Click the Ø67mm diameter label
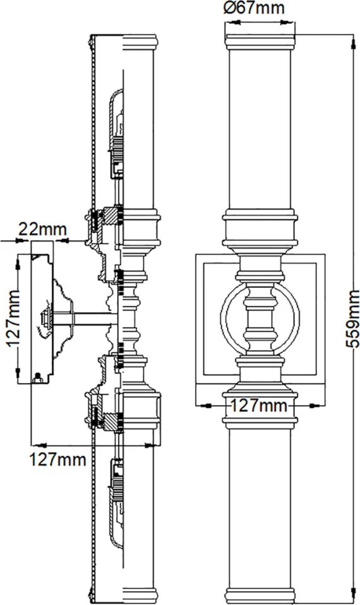coord(254,8)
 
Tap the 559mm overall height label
coord(352,319)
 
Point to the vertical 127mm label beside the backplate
coord(13,319)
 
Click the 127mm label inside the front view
coord(259,406)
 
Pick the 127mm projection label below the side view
coord(58,459)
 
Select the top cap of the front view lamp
coord(260,42)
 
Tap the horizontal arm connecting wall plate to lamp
coord(85,319)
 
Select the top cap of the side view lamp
coord(141,42)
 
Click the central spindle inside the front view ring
coord(260,319)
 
